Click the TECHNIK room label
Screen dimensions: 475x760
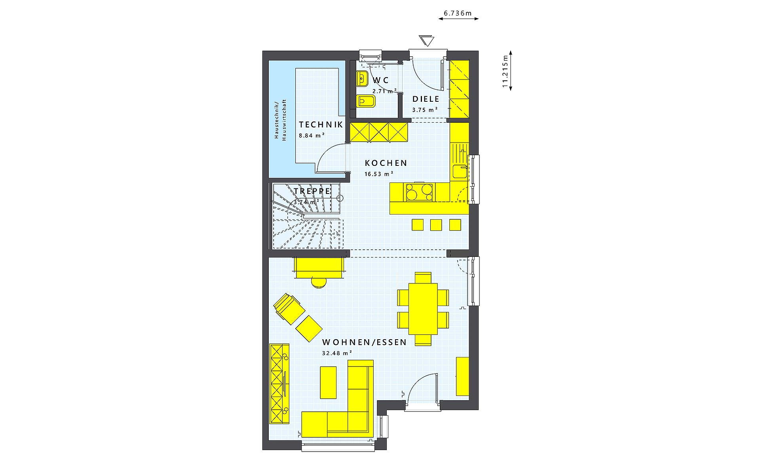pos(321,124)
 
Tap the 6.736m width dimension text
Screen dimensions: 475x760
pos(458,13)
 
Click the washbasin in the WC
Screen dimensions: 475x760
pos(362,79)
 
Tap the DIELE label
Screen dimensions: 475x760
pos(426,99)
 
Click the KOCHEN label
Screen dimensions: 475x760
pos(386,163)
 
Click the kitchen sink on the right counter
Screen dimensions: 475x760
pos(459,171)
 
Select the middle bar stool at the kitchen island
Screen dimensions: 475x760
pos(436,225)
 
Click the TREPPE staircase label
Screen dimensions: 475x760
pos(312,191)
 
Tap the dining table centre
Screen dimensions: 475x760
pos(423,308)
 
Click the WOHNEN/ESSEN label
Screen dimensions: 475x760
pos(364,342)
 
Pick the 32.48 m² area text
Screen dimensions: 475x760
pos(336,353)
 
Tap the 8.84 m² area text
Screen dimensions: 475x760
pos(312,135)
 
